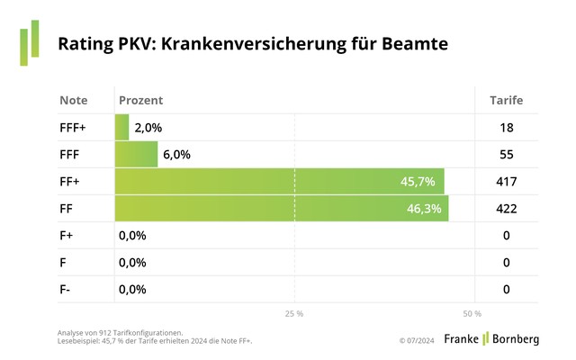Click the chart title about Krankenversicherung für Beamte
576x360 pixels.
point(253,43)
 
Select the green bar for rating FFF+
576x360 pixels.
point(121,127)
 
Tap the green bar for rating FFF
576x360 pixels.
point(136,154)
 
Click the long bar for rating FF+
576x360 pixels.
point(279,181)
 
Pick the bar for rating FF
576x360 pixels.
point(281,208)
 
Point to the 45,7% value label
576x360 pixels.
point(418,182)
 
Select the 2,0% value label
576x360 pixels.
point(148,128)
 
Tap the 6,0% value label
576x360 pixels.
point(176,155)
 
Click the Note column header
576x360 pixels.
point(74,100)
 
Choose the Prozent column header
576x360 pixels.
point(140,100)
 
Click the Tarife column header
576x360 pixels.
point(506,100)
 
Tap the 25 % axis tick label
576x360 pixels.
point(294,314)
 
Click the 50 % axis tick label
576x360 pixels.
point(472,314)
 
